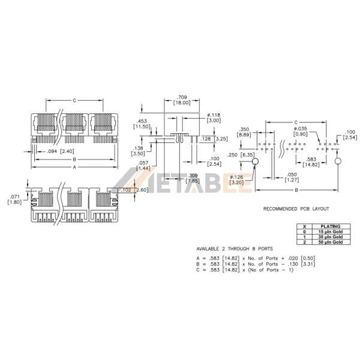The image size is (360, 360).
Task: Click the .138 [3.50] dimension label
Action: (137, 151)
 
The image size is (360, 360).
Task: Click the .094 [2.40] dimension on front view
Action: (61, 151)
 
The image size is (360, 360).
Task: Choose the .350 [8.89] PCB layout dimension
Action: (244, 132)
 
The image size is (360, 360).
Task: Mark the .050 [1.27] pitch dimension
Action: (292, 176)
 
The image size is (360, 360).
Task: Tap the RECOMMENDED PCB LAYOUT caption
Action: (296, 209)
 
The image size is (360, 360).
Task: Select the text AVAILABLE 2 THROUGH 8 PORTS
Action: (235, 248)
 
